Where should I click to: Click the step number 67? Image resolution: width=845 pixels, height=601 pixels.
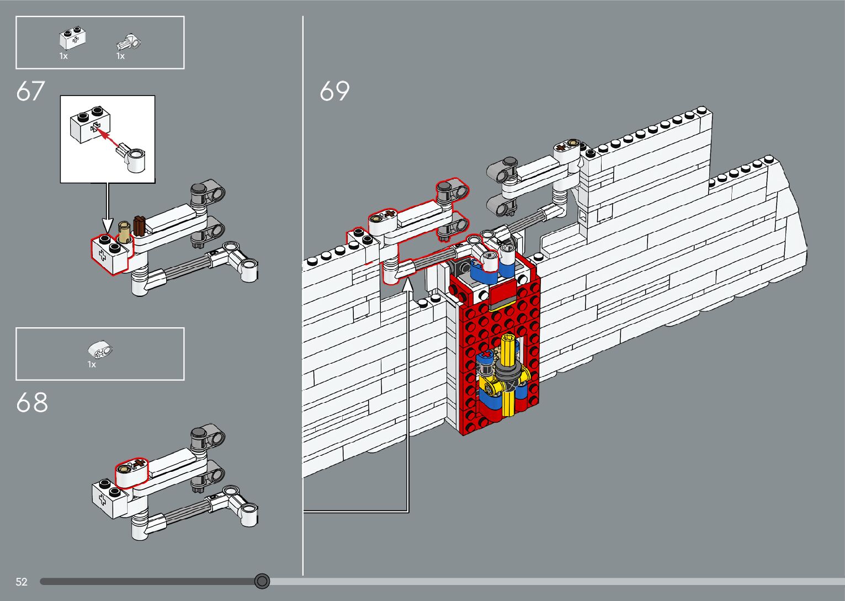(x=30, y=91)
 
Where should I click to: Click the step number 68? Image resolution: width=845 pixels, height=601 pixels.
(x=32, y=403)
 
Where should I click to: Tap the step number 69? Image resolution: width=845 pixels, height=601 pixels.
(x=334, y=91)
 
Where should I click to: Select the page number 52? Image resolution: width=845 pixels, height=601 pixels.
(x=22, y=582)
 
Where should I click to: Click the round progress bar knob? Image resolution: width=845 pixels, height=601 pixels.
(x=262, y=581)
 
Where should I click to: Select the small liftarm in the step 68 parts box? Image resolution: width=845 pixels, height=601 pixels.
(x=100, y=350)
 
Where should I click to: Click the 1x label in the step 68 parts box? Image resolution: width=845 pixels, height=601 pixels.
(x=92, y=364)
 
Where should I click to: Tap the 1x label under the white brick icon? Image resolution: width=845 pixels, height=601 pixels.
(x=63, y=56)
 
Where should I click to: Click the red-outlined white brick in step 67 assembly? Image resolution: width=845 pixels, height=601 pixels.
(x=109, y=254)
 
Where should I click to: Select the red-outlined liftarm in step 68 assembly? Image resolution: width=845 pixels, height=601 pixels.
(x=132, y=473)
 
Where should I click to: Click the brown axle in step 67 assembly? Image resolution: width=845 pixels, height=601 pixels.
(x=139, y=226)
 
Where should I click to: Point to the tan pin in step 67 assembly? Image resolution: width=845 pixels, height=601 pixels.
(x=125, y=232)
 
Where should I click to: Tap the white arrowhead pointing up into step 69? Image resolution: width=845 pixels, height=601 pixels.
(x=408, y=284)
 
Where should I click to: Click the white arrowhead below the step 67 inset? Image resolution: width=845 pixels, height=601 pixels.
(x=107, y=226)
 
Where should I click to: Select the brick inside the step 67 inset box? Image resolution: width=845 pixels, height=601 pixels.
(x=91, y=125)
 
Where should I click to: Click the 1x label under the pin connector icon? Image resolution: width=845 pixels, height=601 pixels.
(x=120, y=56)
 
